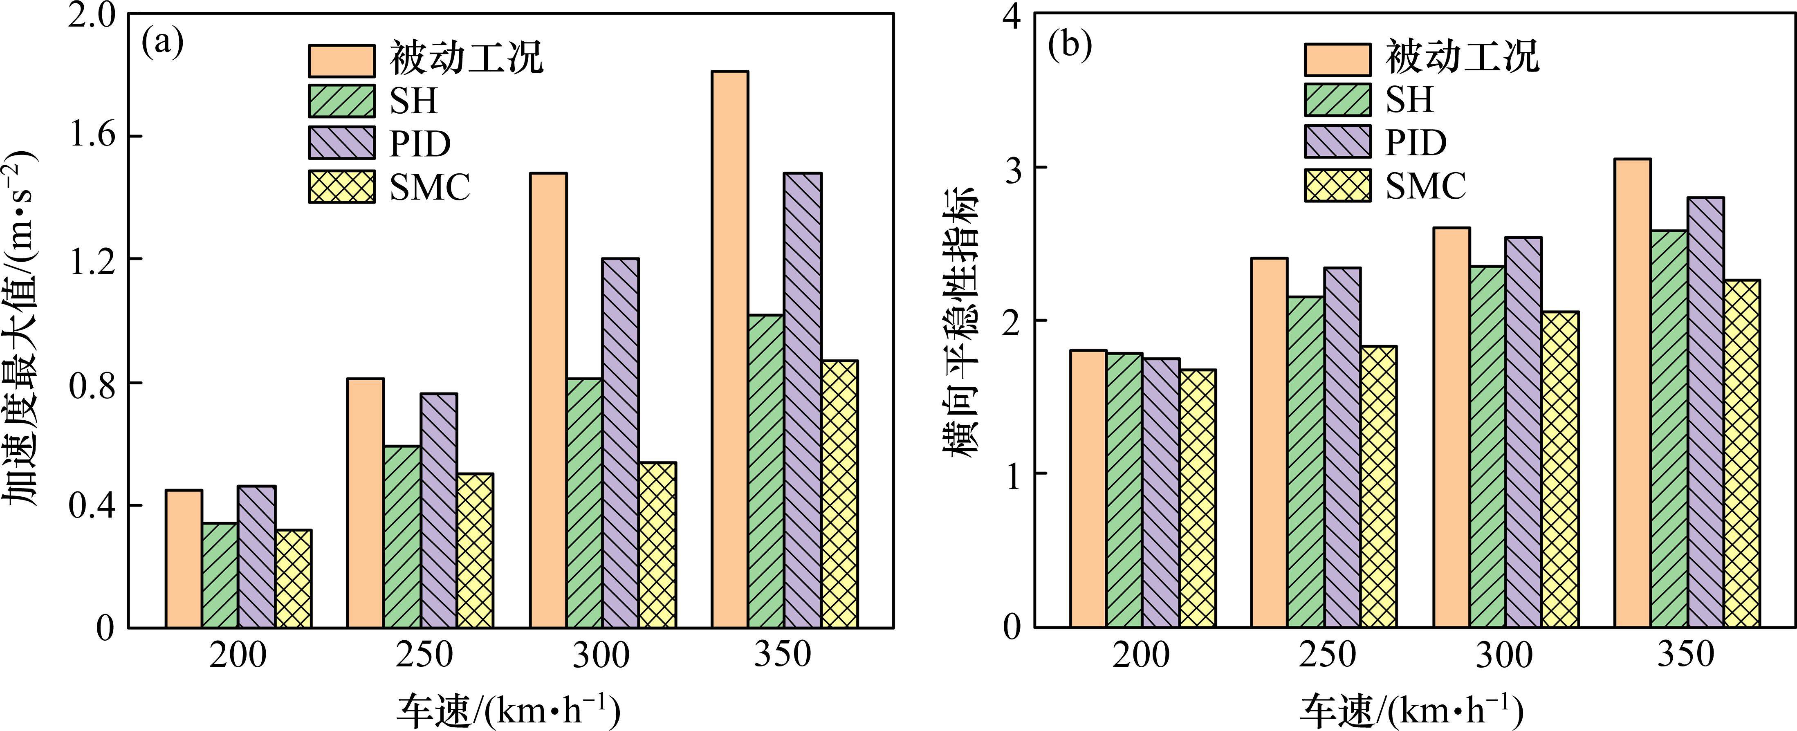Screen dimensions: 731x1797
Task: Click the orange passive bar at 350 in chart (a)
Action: tap(730, 349)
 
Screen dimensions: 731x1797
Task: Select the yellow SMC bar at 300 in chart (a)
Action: tap(657, 545)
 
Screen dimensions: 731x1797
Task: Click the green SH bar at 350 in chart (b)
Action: tap(1669, 429)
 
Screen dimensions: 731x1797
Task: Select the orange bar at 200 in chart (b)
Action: tap(1088, 488)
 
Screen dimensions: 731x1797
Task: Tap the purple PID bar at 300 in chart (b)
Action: tap(1523, 433)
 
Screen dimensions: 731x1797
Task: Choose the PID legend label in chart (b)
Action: tap(1416, 143)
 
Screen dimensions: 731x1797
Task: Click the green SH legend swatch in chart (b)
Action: tap(1337, 100)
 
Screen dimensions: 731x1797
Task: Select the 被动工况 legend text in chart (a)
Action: tap(466, 57)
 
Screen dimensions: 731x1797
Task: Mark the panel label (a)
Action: tap(162, 43)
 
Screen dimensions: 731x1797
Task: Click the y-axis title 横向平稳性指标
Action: tap(961, 321)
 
